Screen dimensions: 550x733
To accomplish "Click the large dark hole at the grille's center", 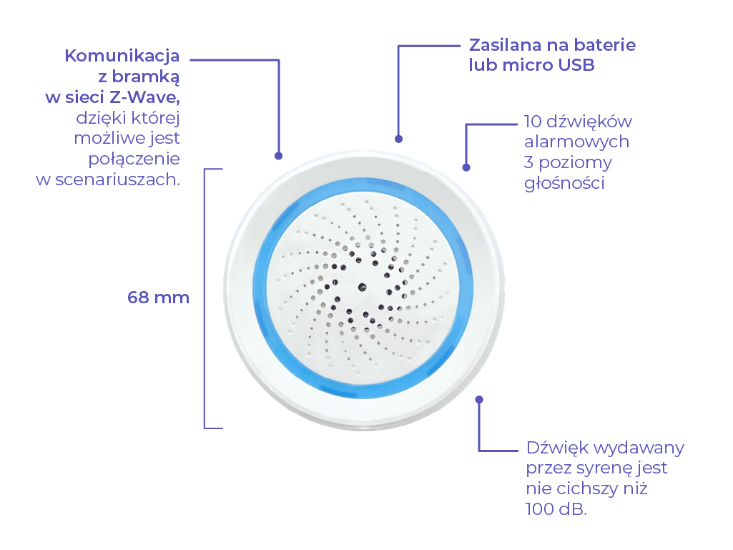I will pos(363,287).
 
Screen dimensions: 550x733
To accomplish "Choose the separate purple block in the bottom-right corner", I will pos(629,493).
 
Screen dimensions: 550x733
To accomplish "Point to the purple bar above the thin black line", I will pos(172,59).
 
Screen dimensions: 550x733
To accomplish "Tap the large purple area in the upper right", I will pos(608,215).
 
